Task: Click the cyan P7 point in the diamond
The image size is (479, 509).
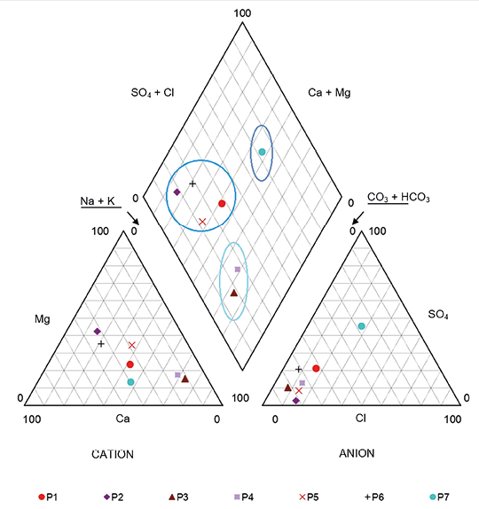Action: click(x=262, y=152)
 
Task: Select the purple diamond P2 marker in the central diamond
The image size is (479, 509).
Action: click(x=177, y=192)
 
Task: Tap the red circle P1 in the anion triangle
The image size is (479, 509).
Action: click(x=316, y=368)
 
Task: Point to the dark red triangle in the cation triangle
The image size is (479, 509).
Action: click(x=185, y=379)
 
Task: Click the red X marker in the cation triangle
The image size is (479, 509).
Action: click(x=132, y=345)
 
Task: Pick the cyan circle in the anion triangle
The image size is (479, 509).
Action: click(x=361, y=326)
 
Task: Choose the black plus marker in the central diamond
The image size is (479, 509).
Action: click(x=192, y=184)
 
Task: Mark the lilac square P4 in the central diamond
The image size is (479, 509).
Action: click(x=238, y=269)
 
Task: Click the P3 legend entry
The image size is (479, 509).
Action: click(x=178, y=497)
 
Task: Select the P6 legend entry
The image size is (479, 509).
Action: click(x=374, y=497)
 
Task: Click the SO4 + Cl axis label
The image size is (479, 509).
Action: click(x=153, y=93)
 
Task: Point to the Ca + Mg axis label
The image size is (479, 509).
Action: click(x=329, y=92)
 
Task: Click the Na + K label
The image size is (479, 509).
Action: click(x=98, y=201)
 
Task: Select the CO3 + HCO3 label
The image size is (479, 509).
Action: click(x=398, y=197)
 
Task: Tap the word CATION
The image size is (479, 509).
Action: click(x=113, y=454)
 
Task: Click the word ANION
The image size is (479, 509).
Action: click(x=357, y=453)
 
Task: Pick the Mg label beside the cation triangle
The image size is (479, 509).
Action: click(x=43, y=319)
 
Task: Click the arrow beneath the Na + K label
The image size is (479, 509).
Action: click(x=133, y=218)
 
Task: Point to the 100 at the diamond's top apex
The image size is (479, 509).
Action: click(x=242, y=13)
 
